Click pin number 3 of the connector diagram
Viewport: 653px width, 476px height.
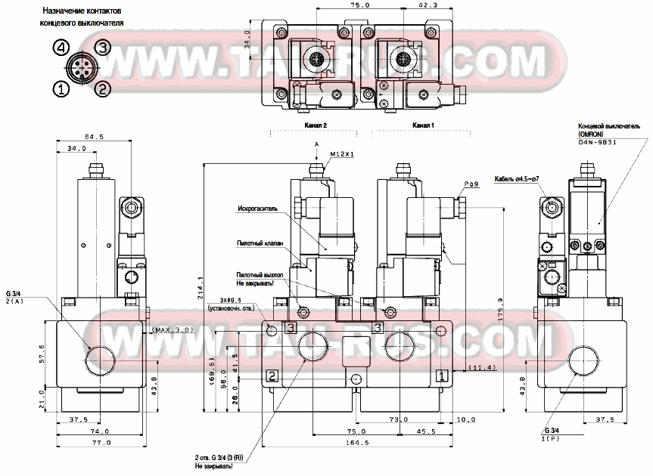point(103,48)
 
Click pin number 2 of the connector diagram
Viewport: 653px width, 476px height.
point(104,88)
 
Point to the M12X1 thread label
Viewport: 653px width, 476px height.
point(342,154)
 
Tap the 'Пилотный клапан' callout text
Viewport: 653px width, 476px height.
point(260,243)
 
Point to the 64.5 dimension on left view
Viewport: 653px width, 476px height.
point(94,137)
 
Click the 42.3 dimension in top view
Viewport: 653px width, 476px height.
point(427,5)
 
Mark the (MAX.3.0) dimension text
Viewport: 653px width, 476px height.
point(173,330)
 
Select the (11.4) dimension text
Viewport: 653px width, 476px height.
point(481,368)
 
